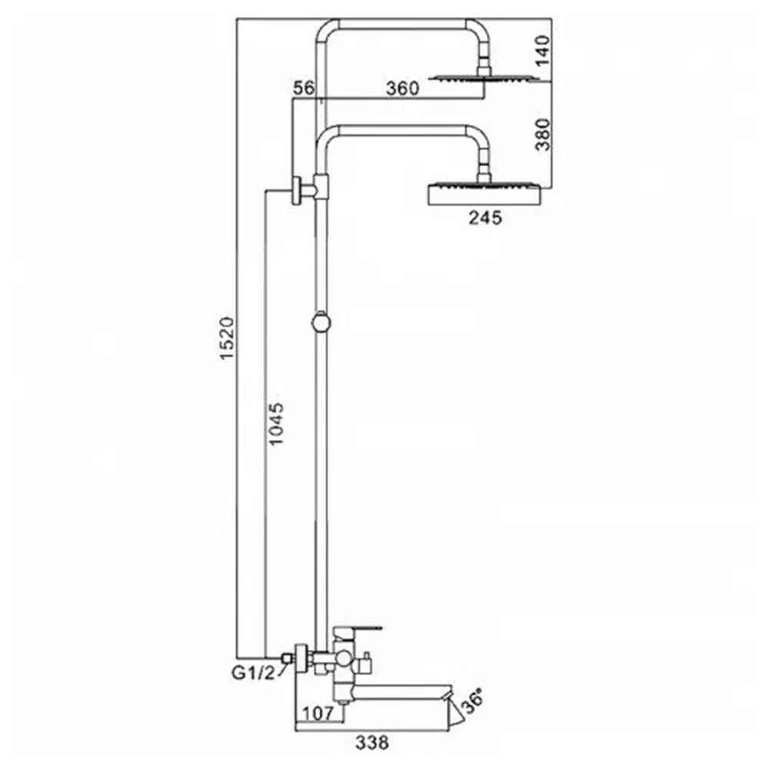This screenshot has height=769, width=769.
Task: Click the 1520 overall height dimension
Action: (x=227, y=338)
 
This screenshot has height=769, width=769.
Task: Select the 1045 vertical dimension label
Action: (x=277, y=424)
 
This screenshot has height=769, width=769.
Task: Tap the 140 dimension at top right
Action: (x=542, y=51)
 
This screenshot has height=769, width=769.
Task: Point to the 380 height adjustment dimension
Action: (x=542, y=135)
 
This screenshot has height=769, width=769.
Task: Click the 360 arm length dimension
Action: (x=403, y=88)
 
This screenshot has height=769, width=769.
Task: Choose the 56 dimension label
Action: (x=303, y=88)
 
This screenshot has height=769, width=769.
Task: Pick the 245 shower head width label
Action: (x=485, y=218)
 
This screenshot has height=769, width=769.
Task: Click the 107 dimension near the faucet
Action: (x=318, y=713)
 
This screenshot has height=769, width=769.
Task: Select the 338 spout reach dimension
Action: (x=371, y=743)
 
